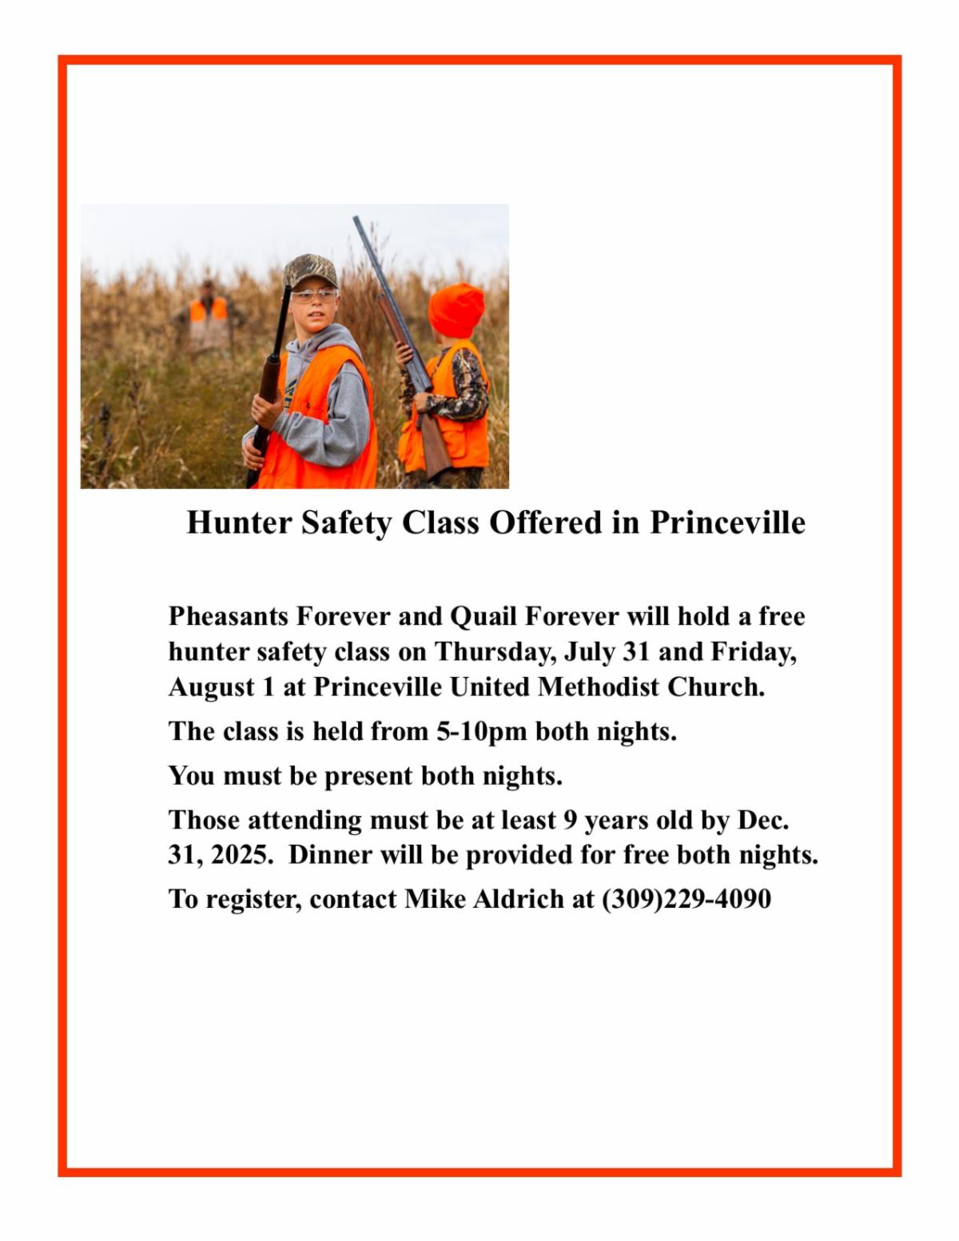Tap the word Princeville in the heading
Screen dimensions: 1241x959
click(x=726, y=523)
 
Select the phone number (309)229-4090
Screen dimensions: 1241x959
click(x=686, y=899)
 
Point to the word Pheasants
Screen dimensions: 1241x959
click(x=228, y=617)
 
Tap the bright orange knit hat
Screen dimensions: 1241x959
click(x=457, y=308)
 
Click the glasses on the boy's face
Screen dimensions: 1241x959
click(x=313, y=296)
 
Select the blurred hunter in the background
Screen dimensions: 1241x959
click(x=208, y=316)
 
